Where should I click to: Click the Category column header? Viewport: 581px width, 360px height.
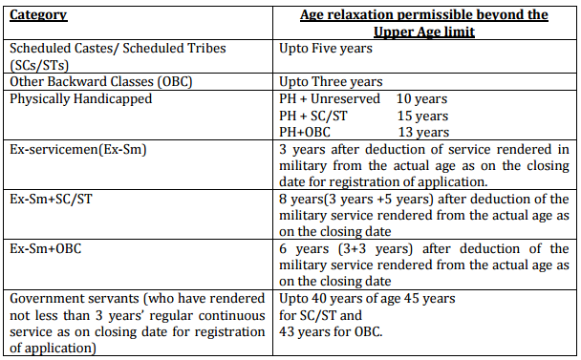[x=38, y=15]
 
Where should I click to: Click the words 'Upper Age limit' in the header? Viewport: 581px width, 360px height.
[x=424, y=32]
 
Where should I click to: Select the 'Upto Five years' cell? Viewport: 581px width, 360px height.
[x=326, y=48]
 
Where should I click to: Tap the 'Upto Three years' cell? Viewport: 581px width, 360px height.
[x=331, y=81]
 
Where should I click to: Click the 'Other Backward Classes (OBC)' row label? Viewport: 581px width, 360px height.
[x=100, y=81]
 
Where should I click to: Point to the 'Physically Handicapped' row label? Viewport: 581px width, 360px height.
[x=81, y=99]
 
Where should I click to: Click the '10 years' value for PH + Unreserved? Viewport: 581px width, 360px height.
[x=421, y=99]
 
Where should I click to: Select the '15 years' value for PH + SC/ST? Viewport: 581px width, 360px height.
[x=422, y=116]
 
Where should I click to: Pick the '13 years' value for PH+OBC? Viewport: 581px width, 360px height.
[x=423, y=132]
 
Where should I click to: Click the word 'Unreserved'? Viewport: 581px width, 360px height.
[x=345, y=99]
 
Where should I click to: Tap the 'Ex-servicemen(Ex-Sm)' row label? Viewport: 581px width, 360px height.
[x=78, y=149]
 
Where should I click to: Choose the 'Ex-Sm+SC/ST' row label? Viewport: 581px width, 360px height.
[x=51, y=200]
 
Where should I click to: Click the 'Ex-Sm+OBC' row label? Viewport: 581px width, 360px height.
[x=46, y=248]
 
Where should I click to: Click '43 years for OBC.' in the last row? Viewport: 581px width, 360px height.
[x=331, y=331]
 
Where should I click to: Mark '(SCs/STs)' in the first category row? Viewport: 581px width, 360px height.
[x=39, y=66]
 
